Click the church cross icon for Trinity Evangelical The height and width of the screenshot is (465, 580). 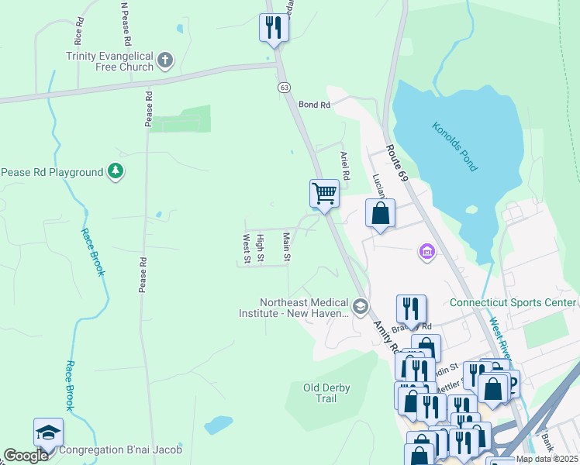(164, 60)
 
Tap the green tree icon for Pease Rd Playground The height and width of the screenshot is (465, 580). (116, 171)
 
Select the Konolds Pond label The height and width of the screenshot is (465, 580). (455, 146)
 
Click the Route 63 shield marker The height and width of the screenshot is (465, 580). (285, 88)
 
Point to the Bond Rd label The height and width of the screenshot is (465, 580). (314, 104)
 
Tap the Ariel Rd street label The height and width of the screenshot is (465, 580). (345, 165)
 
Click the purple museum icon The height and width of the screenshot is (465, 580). (426, 252)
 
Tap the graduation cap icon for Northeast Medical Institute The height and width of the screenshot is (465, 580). (360, 308)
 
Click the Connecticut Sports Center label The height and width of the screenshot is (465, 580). (513, 302)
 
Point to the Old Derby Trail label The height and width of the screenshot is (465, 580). (320, 393)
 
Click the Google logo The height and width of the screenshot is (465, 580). (26, 456)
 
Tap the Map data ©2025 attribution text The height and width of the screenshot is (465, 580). (546, 459)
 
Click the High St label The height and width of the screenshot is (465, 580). (261, 248)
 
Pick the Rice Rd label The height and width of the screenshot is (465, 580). (78, 30)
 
